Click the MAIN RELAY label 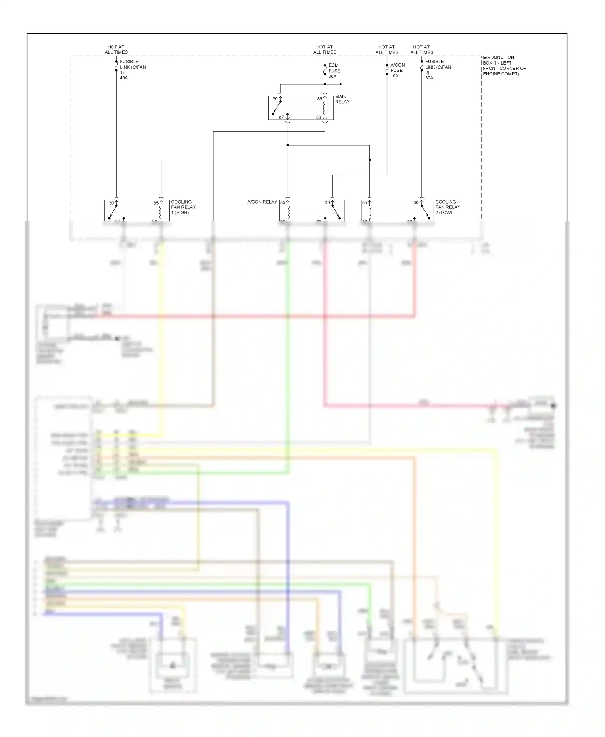click(x=342, y=99)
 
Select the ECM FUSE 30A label click(x=334, y=71)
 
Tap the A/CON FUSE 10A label click(x=397, y=70)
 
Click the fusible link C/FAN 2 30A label click(x=437, y=69)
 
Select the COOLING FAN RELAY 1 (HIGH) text click(x=183, y=207)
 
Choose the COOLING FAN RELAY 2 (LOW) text click(x=447, y=207)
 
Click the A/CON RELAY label click(x=262, y=202)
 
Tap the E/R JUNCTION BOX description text click(x=504, y=65)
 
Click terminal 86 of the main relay click(x=319, y=117)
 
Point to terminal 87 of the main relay click(x=281, y=117)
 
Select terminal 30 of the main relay click(x=275, y=99)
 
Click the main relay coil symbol click(x=324, y=108)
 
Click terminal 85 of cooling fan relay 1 click(x=156, y=203)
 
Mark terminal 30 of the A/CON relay click(x=327, y=202)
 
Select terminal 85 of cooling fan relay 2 click(x=365, y=202)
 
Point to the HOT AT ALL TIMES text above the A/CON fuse click(x=386, y=50)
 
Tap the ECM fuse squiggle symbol click(x=325, y=71)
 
